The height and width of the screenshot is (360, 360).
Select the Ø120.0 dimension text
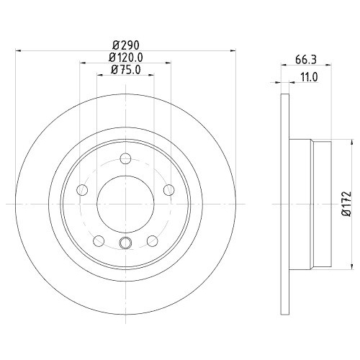pyautogui.click(x=125, y=58)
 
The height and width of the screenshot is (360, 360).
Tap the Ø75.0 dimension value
pyautogui.click(x=125, y=70)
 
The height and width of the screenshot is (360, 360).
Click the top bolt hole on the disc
pyautogui.click(x=125, y=159)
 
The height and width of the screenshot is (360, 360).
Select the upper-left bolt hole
pyautogui.click(x=82, y=190)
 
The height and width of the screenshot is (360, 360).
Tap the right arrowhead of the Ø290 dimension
pyautogui.click(x=233, y=51)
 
